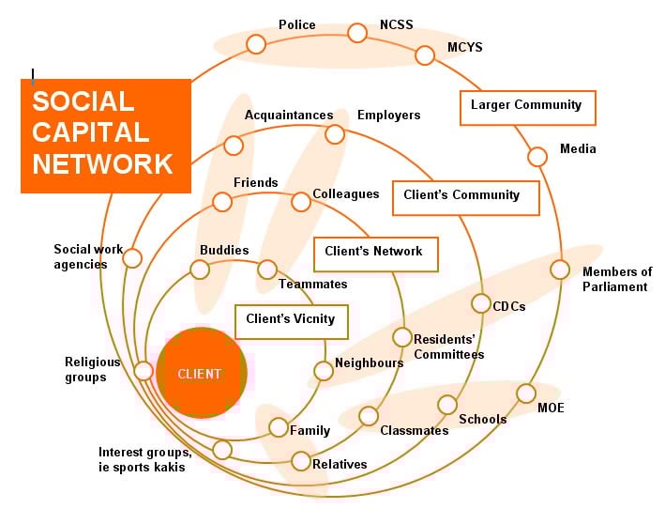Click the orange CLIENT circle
202,373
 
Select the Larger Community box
526,106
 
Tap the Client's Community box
464,196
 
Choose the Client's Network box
373,252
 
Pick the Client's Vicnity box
291,319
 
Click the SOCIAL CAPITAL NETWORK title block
105,135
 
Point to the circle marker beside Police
256,44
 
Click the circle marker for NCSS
357,34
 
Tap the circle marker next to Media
537,157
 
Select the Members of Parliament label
616,279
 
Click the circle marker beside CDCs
481,303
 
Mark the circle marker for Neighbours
324,371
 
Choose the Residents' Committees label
448,347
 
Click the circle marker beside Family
279,427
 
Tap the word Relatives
340,464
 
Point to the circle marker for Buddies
200,270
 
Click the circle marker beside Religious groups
144,371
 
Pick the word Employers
388,115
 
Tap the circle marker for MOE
526,393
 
